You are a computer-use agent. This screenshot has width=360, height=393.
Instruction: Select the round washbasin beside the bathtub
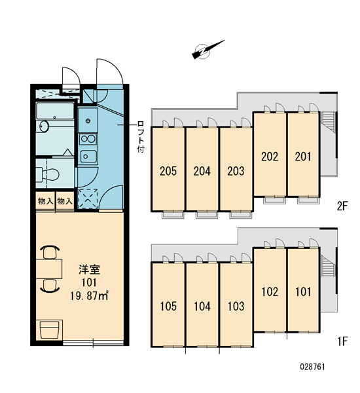click(44, 126)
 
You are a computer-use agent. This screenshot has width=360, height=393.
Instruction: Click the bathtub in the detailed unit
click(55, 110)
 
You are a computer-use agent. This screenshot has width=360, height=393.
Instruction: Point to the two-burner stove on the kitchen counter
click(88, 139)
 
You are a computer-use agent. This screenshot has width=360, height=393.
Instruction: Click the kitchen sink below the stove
click(88, 157)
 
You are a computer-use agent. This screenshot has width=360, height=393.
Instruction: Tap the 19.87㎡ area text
click(89, 296)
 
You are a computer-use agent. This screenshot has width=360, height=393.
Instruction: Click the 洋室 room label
click(89, 269)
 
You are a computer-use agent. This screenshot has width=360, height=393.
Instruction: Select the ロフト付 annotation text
click(141, 137)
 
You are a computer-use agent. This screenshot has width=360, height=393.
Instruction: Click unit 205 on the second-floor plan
click(168, 171)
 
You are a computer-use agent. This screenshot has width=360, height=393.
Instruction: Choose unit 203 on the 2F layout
click(236, 171)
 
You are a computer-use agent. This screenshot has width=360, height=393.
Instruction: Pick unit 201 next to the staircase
click(303, 157)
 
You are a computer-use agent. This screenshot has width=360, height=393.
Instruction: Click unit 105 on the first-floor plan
click(168, 307)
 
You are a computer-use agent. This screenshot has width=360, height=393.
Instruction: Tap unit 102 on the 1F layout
click(270, 291)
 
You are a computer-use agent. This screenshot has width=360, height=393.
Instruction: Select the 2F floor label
click(342, 206)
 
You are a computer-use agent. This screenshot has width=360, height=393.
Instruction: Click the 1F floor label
click(342, 341)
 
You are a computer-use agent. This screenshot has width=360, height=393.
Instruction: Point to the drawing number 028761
click(312, 367)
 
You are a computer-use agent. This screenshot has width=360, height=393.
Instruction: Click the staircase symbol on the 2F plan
click(329, 122)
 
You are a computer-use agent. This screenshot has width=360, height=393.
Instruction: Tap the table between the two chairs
click(49, 269)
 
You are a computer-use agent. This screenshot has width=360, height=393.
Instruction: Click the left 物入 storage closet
click(45, 201)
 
